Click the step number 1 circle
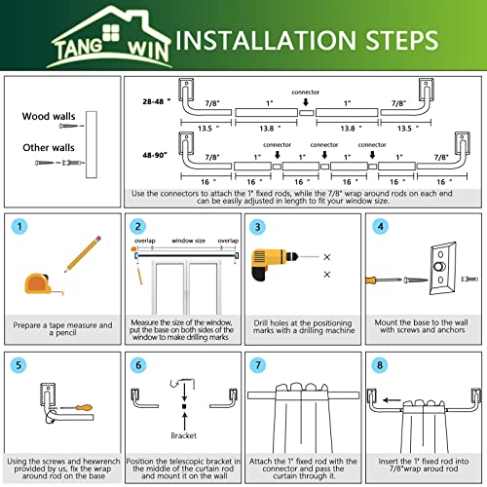coord(19,226)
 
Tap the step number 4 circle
coord(380,226)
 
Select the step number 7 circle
coord(258,365)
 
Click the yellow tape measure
coord(41,284)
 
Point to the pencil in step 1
coord(83,253)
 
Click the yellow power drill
coord(275,264)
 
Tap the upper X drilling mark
coord(327,257)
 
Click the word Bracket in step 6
coord(184,435)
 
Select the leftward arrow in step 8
coord(392,400)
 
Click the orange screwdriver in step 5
coord(77,407)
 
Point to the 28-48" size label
coord(156,101)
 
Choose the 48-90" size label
coord(155,155)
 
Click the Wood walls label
coord(49,116)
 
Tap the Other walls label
coord(49,148)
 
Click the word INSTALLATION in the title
coord(266,41)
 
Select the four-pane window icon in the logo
coord(111,33)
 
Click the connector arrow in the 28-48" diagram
coord(306,102)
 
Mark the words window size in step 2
coord(189,241)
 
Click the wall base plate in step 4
coord(442,268)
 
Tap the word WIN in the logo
coord(148,51)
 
